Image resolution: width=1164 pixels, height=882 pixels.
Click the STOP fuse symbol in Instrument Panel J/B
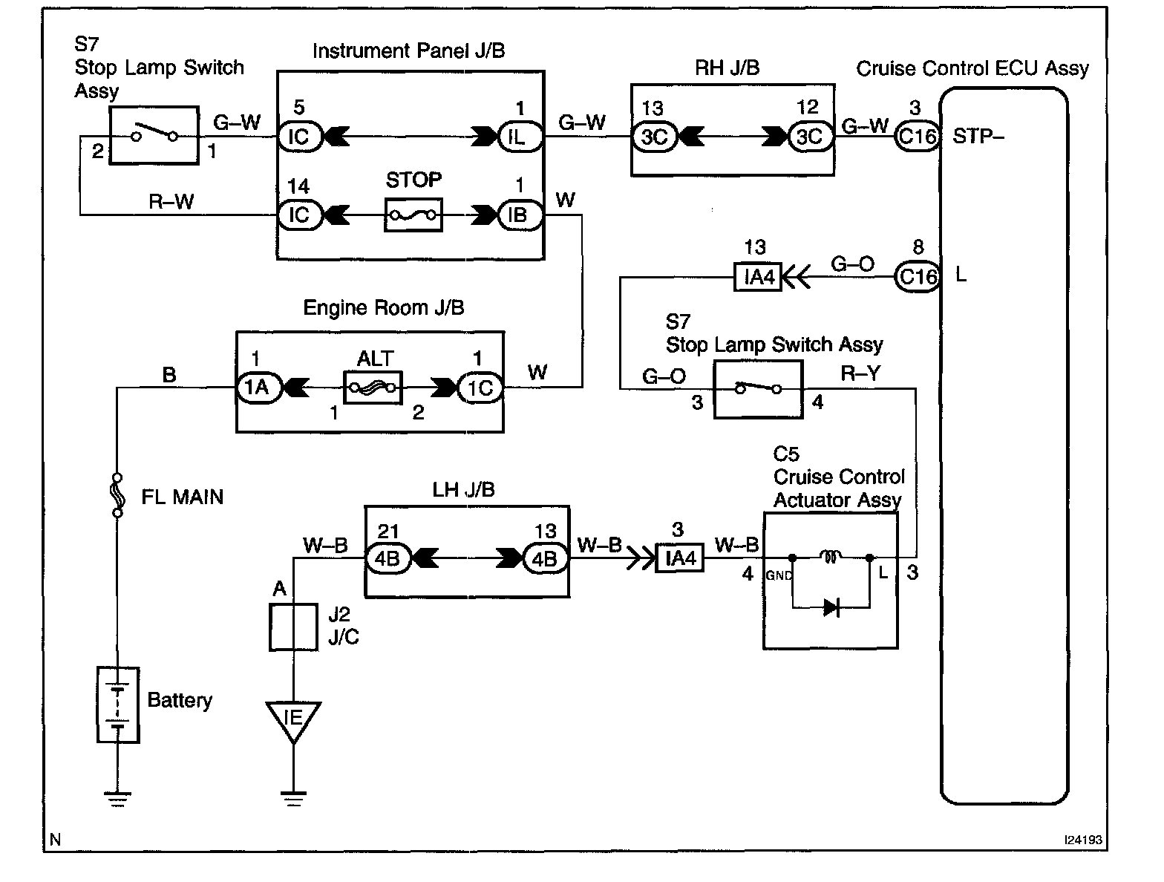click(413, 215)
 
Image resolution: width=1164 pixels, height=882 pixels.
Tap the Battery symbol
click(118, 704)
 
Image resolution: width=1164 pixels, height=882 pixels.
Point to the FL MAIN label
click(182, 497)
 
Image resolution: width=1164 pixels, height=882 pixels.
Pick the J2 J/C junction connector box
click(293, 627)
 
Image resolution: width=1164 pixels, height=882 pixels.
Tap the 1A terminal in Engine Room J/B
click(258, 388)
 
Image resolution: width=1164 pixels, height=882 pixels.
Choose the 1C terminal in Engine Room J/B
click(480, 388)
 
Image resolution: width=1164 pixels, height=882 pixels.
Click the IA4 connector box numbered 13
click(758, 277)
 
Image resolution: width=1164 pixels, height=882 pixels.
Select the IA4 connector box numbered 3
click(680, 558)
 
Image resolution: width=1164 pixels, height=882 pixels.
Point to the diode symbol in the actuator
click(831, 608)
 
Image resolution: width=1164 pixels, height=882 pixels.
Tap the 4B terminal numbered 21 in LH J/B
click(388, 558)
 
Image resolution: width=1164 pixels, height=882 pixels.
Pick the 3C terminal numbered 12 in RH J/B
click(809, 137)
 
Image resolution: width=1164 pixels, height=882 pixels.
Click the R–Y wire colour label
click(860, 373)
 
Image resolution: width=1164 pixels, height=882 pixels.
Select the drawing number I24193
click(1082, 840)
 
